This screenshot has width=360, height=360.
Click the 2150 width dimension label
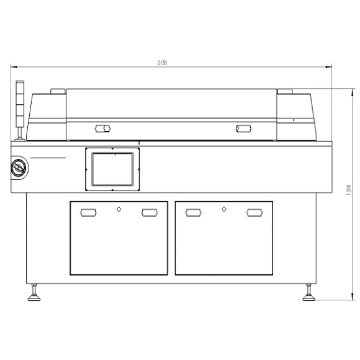[163, 63]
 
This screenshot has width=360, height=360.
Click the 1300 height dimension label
[348, 190]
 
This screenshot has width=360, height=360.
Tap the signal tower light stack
[20, 110]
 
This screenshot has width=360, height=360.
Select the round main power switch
[19, 168]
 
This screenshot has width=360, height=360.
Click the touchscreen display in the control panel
[112, 169]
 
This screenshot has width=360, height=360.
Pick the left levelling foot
[34, 292]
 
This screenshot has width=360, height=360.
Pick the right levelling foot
[309, 292]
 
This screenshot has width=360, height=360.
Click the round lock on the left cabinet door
[119, 209]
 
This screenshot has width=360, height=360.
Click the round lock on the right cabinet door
[224, 209]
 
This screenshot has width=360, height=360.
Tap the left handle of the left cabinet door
[88, 213]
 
